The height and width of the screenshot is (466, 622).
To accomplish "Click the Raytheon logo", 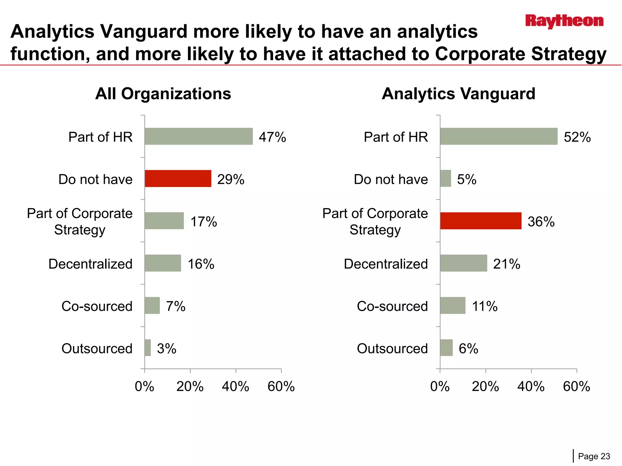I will [564, 21].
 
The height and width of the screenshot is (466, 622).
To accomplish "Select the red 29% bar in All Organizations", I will [178, 179].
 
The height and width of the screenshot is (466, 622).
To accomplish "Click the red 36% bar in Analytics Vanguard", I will [480, 221].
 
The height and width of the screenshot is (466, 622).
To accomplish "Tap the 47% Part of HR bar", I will [199, 136].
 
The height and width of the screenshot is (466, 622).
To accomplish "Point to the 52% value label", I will [577, 137].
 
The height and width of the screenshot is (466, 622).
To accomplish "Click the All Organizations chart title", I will [163, 93].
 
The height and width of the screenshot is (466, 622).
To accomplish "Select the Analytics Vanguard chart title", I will [458, 93].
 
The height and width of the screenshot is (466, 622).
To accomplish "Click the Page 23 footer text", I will [594, 456].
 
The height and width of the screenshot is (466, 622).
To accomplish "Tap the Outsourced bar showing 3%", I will [148, 348].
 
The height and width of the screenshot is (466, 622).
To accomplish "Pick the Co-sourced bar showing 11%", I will [453, 306].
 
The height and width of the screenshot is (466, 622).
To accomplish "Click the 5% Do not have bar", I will [446, 179].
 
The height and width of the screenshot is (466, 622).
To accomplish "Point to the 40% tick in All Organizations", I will [235, 387].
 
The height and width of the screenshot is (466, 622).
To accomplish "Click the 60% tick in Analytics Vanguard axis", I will [576, 387].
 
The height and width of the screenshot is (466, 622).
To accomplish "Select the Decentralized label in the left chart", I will [90, 264].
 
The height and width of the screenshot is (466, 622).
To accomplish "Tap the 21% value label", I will [506, 264].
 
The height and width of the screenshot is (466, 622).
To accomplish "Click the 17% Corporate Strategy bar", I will [164, 221].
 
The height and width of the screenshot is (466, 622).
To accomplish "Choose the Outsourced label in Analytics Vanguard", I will [392, 349].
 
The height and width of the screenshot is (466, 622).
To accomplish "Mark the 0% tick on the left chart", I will [144, 387].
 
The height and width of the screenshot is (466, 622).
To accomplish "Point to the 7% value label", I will [176, 306].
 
